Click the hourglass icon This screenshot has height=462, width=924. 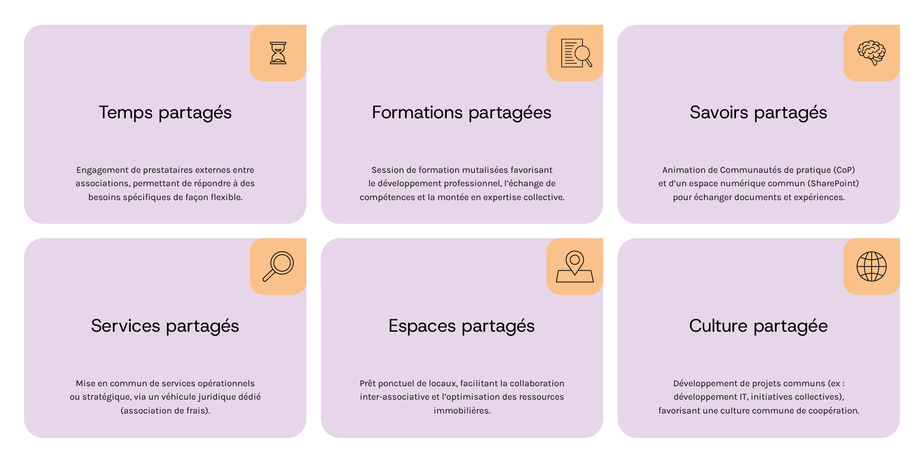click(x=278, y=53)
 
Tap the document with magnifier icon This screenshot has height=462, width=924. click(x=576, y=53)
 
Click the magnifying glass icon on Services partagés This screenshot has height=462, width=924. click(x=278, y=266)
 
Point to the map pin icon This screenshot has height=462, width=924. click(x=575, y=267)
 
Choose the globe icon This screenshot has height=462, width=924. click(x=872, y=267)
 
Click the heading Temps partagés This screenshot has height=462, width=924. click(x=165, y=113)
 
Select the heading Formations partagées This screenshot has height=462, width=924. click(x=462, y=113)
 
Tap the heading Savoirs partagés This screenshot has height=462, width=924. click(x=758, y=113)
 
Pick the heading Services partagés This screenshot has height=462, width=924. click(x=165, y=326)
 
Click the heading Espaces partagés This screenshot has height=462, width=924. click(x=462, y=326)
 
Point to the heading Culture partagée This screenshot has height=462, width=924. click(x=758, y=326)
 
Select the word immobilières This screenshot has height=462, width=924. click(x=462, y=411)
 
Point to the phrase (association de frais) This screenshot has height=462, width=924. click(x=165, y=411)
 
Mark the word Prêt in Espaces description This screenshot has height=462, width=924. click(x=368, y=383)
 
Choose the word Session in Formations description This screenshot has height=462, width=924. click(x=387, y=170)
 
